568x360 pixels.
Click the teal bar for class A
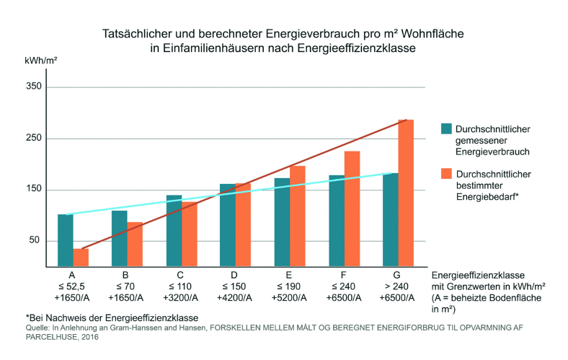point(66,240)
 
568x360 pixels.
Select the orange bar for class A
point(81,258)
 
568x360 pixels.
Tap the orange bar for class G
point(406,193)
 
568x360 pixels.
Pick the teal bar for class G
point(391,219)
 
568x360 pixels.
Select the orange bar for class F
point(352,208)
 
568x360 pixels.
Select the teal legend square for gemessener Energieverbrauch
point(446,129)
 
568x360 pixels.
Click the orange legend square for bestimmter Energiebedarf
point(446,174)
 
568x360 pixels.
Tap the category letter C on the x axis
point(179,276)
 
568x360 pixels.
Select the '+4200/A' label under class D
point(234,297)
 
